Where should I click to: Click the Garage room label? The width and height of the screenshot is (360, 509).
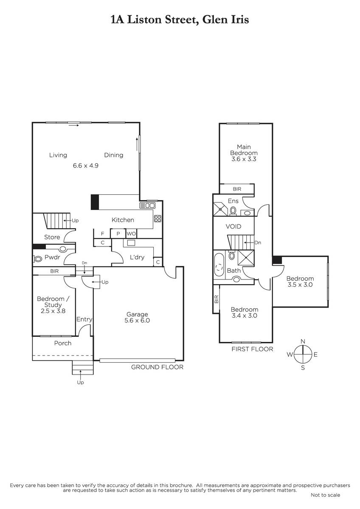[137, 314]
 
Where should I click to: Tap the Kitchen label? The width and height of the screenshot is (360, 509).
[123, 220]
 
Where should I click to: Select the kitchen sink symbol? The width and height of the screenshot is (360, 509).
[147, 206]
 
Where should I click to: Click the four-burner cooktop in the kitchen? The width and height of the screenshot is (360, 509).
[157, 218]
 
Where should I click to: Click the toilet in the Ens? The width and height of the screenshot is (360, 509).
[233, 210]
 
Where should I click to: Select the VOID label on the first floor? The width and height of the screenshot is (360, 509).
[233, 227]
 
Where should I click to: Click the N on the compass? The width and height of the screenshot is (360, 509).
[303, 341]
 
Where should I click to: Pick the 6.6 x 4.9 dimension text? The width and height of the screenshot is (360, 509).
[86, 165]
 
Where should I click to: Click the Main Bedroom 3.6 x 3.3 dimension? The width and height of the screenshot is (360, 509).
[244, 159]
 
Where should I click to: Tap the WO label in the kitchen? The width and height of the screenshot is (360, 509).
[131, 234]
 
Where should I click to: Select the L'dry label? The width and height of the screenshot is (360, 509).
[137, 257]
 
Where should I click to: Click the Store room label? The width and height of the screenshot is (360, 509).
[52, 237]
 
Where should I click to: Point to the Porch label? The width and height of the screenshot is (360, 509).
[63, 343]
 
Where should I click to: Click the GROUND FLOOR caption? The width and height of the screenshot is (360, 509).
[157, 367]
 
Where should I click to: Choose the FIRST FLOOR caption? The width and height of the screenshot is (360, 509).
[253, 349]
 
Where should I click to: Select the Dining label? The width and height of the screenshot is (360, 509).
[114, 155]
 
